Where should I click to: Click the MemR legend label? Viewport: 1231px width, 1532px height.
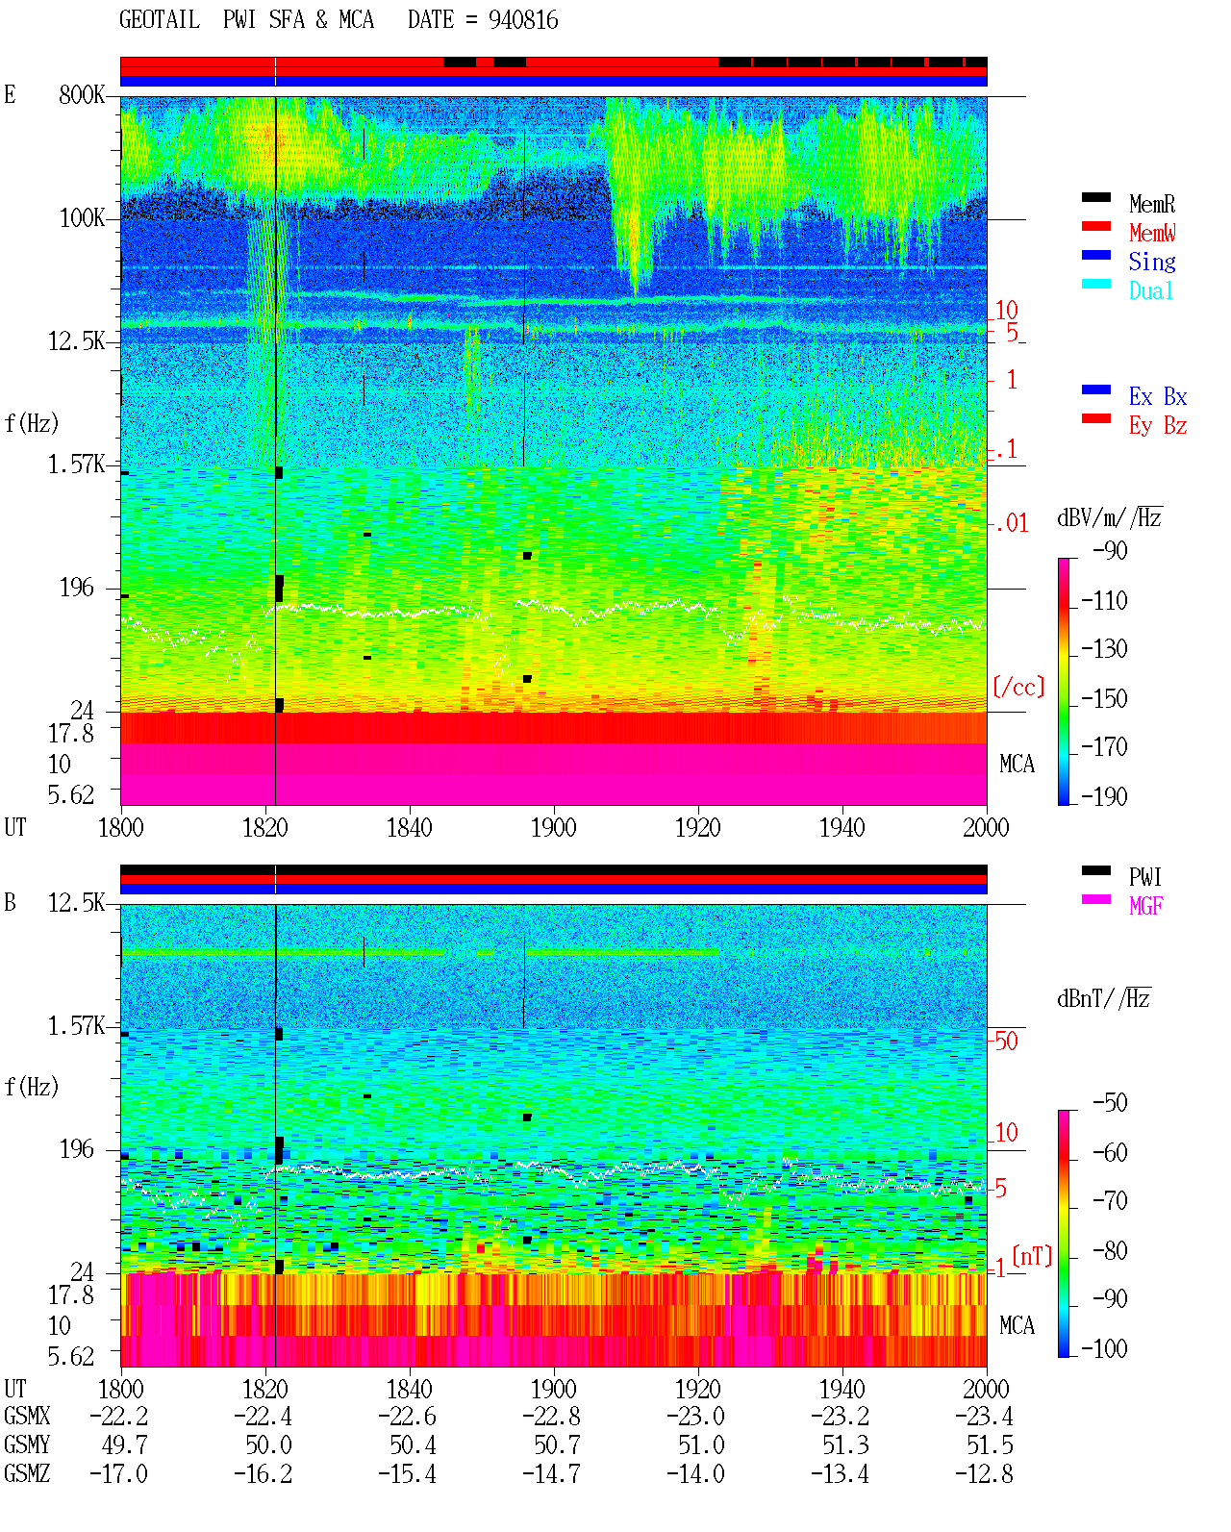(1151, 204)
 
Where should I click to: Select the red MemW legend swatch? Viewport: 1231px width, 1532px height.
(1095, 226)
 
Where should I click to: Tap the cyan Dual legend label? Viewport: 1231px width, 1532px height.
(1150, 290)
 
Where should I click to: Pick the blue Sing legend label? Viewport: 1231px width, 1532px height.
(1151, 262)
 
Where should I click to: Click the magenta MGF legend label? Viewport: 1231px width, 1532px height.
(1145, 906)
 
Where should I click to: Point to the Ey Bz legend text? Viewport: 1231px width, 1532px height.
(1157, 426)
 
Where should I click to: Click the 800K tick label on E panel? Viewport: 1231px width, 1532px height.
(82, 94)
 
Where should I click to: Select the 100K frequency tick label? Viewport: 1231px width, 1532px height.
(82, 218)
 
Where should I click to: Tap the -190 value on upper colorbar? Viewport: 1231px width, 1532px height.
(1104, 796)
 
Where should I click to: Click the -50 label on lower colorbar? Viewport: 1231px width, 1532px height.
(1110, 1103)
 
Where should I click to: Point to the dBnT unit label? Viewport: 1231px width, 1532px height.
(1103, 999)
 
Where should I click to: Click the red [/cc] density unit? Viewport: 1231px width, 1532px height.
(1018, 687)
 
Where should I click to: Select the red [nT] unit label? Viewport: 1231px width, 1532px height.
(1032, 1256)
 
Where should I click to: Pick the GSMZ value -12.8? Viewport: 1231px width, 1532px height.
(984, 1473)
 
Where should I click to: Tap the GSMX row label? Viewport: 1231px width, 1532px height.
(27, 1416)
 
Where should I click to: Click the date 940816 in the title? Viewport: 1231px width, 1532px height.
(523, 20)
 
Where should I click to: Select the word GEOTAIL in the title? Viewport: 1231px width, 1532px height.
(160, 20)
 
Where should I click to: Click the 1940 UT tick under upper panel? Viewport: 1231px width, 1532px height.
(842, 828)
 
